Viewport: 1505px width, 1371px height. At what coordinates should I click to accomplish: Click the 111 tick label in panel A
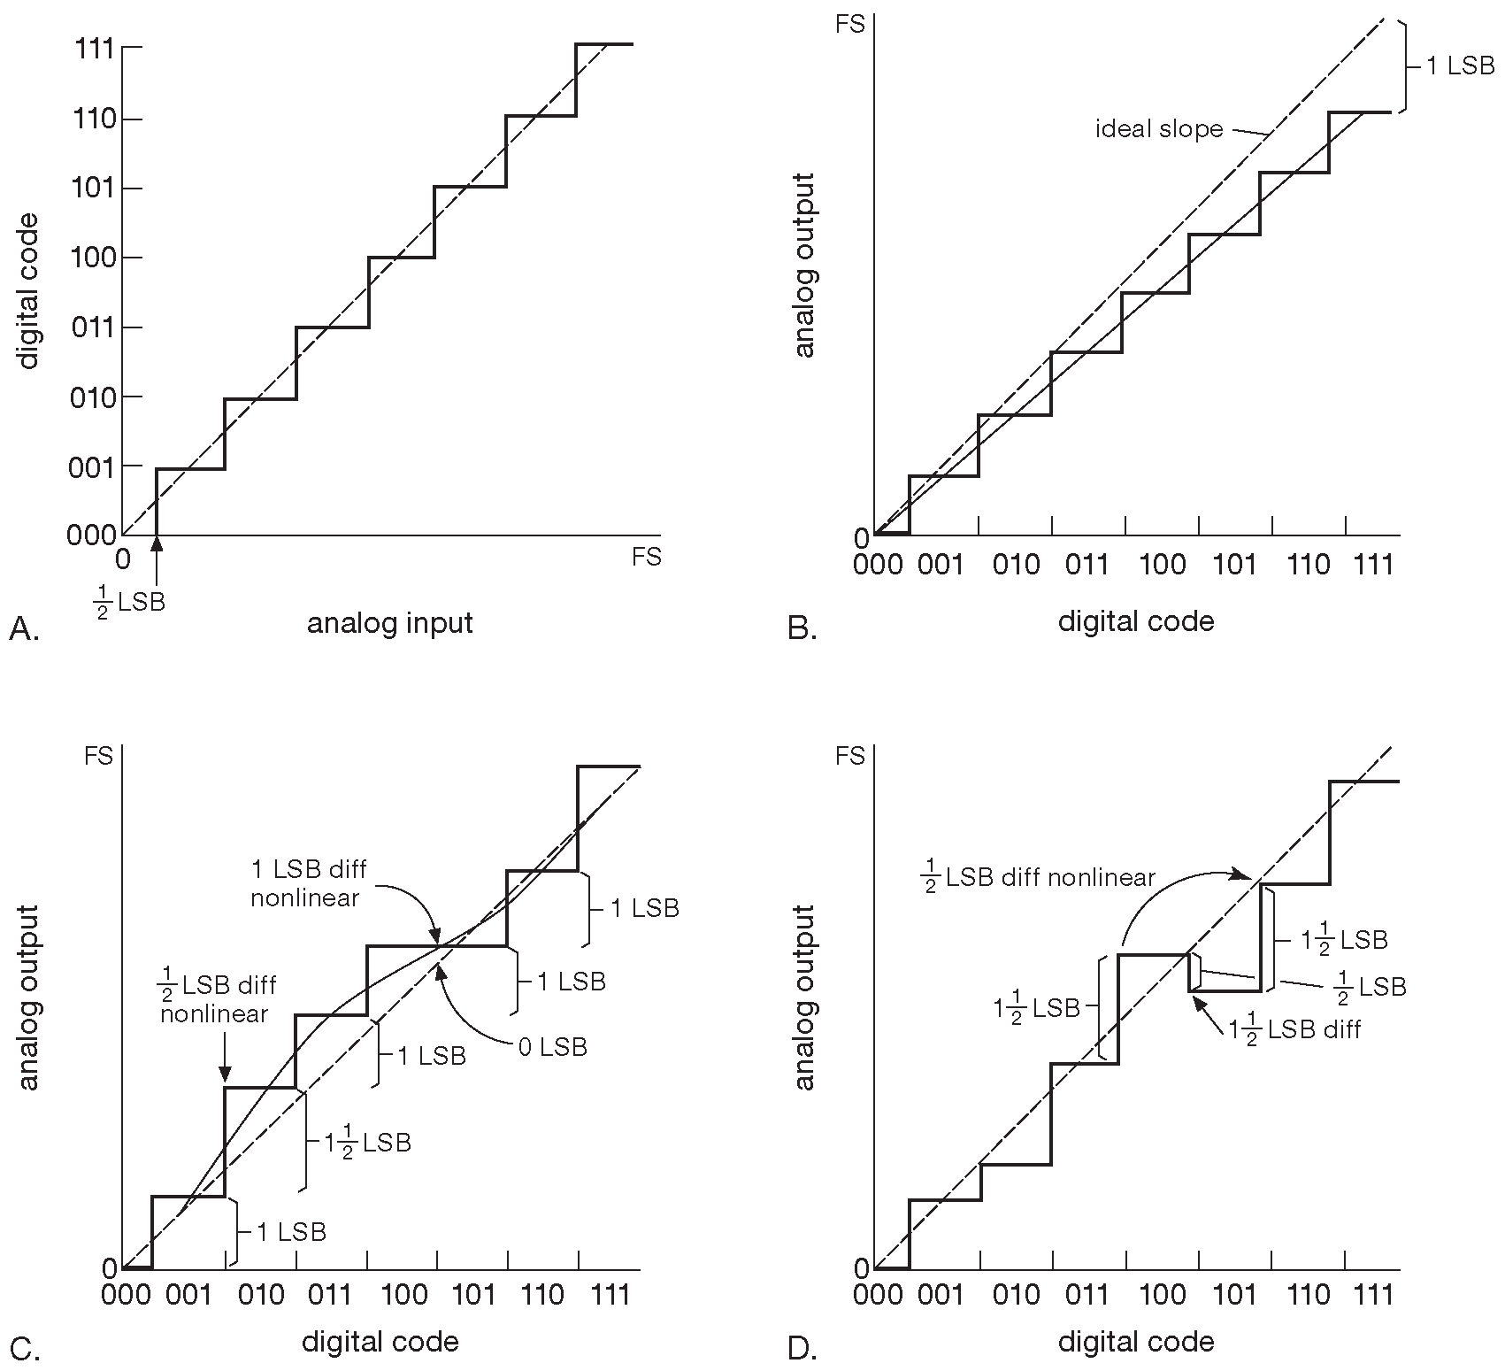93,49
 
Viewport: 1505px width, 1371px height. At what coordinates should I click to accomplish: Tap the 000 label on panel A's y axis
91,535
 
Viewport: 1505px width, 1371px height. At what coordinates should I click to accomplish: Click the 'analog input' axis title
389,624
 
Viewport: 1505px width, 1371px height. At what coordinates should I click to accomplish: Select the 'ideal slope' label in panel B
1159,129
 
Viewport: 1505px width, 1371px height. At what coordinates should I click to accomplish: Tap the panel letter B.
802,629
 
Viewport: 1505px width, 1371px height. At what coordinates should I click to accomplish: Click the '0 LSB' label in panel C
552,1047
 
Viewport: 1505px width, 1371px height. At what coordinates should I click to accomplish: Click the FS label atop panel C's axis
98,757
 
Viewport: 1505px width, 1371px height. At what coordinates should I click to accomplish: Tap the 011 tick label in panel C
330,1296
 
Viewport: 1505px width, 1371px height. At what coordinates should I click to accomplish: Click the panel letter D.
802,1350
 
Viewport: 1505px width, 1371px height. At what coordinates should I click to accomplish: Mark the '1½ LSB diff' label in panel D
1294,1029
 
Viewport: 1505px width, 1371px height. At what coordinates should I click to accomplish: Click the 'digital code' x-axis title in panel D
1136,1342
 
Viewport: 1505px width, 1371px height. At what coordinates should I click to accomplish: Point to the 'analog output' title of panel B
804,266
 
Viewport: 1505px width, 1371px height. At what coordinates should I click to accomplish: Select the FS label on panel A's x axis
647,558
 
